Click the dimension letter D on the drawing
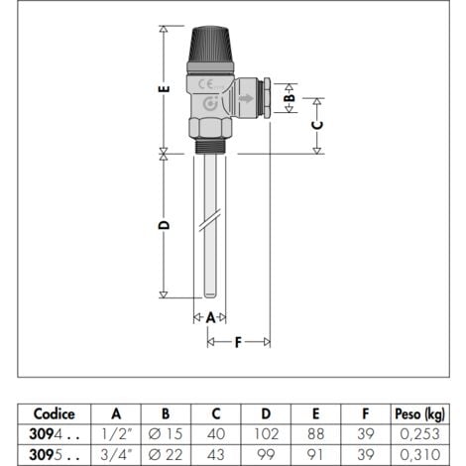click(x=165, y=225)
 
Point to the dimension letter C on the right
click(x=317, y=125)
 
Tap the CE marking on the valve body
click(x=207, y=82)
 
